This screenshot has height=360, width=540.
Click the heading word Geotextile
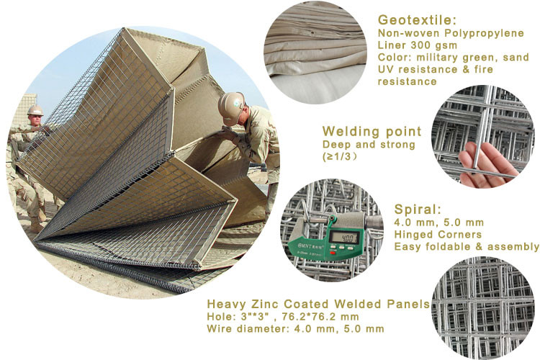pos(417,20)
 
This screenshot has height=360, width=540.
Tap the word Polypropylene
pos(485,33)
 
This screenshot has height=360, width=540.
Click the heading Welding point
pos(372,131)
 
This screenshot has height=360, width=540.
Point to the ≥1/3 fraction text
pos(339,157)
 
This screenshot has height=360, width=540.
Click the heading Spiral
pos(418,209)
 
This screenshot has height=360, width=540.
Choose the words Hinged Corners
pos(438,235)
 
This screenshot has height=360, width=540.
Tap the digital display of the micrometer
pos(345,238)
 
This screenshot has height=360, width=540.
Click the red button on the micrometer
pos(333,253)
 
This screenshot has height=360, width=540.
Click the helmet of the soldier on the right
pos(230,107)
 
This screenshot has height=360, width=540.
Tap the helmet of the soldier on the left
pos(35,111)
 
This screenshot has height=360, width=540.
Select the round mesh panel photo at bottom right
pos(482,307)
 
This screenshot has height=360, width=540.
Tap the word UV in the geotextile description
pos(385,69)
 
